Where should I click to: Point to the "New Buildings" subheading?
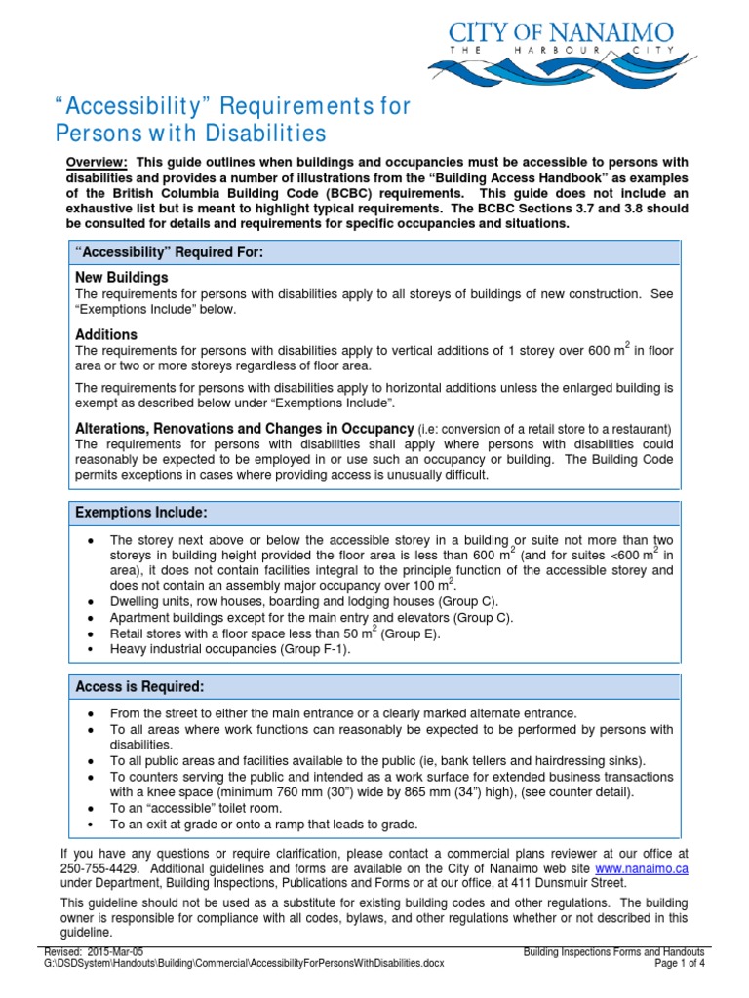(x=122, y=278)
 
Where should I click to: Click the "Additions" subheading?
(x=106, y=334)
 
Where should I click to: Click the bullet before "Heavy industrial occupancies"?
(x=91, y=650)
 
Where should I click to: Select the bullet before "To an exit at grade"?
(x=91, y=825)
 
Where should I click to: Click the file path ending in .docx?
(x=244, y=963)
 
